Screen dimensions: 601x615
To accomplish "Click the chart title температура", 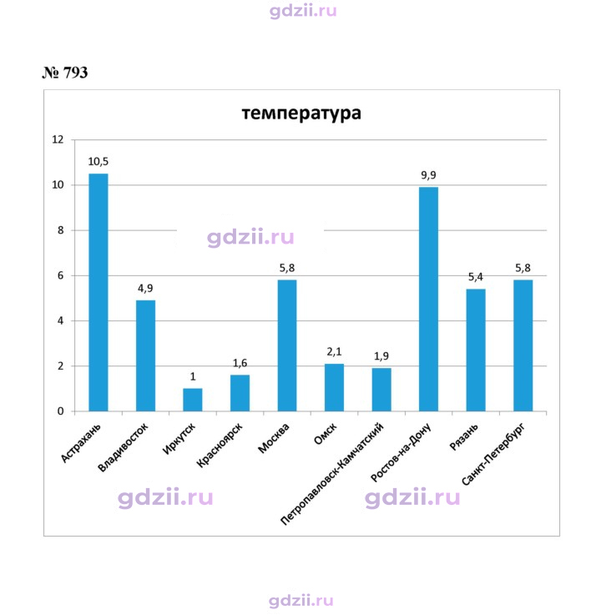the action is (300, 113).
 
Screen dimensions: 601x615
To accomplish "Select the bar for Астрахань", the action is (98, 292).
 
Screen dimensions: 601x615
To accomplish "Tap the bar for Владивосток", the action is (145, 355).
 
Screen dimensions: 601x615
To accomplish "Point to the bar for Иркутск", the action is (193, 400).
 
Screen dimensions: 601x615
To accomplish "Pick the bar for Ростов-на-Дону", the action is (428, 300).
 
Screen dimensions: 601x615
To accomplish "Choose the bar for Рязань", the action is (476, 350).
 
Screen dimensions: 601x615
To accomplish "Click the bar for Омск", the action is (334, 387).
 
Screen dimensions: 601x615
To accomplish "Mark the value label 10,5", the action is (98, 162).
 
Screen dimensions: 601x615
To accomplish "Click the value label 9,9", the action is (428, 175).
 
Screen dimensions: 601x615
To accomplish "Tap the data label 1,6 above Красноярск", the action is (240, 363).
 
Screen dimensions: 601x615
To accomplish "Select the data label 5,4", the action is (476, 277).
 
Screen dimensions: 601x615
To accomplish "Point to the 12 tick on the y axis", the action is (58, 139).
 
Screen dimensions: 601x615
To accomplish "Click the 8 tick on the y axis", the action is (60, 230).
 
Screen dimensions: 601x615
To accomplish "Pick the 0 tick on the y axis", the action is (60, 411).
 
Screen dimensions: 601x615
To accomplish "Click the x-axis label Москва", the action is (274, 438).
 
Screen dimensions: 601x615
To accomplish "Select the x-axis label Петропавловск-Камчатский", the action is (332, 474).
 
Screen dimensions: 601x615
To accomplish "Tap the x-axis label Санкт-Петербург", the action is (492, 454).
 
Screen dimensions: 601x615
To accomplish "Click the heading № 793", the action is (65, 73).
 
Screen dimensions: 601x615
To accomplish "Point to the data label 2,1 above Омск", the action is (334, 352).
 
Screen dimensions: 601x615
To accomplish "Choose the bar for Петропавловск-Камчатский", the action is (381, 390).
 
